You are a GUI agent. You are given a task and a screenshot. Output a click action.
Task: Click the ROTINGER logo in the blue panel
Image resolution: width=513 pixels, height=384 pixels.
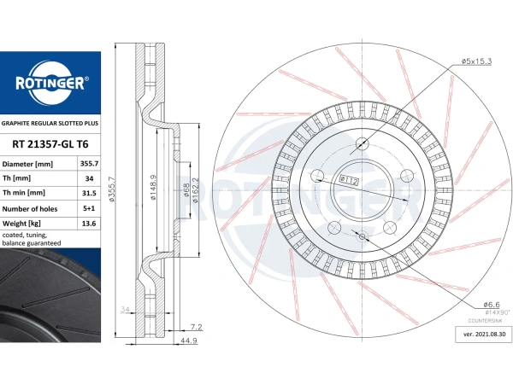click(x=50, y=82)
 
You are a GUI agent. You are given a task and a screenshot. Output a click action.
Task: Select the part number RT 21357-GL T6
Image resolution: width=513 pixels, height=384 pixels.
click(x=50, y=144)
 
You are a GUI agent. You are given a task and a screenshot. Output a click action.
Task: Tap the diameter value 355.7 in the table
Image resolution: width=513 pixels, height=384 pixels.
click(x=89, y=164)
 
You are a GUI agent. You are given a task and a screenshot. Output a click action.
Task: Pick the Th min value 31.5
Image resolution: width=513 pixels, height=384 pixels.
click(x=89, y=193)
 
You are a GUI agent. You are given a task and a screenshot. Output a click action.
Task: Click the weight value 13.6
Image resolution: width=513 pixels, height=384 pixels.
click(x=89, y=224)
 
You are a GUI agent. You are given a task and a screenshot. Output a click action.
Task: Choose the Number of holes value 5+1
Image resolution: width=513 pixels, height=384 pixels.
click(x=89, y=208)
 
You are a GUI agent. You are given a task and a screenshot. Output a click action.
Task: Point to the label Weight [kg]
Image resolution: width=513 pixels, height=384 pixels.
click(x=21, y=224)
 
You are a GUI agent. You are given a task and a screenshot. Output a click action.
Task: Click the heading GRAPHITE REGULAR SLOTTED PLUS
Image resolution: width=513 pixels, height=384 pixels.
click(x=50, y=124)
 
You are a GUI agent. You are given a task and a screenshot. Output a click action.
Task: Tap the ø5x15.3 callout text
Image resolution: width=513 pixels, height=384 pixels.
click(x=476, y=61)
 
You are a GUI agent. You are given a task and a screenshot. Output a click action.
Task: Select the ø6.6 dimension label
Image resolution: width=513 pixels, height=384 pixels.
click(x=492, y=305)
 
